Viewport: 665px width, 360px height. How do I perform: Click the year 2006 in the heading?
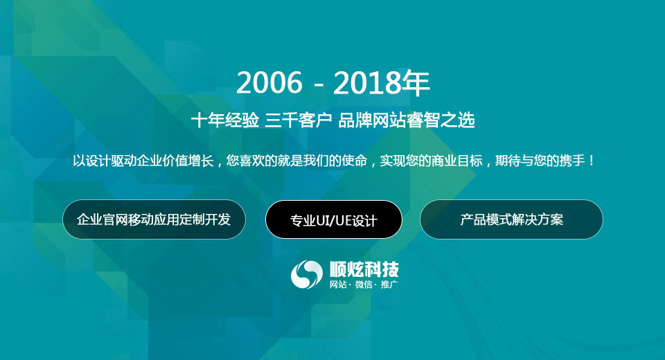[x=269, y=82]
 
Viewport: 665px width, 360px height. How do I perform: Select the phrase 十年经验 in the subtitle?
[x=224, y=120]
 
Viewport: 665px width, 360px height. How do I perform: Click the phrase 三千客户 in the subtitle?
[x=298, y=120]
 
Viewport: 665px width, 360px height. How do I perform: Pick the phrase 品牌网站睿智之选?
[x=407, y=120]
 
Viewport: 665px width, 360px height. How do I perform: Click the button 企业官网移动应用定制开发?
[x=154, y=219]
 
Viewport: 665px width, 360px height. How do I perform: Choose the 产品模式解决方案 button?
[x=511, y=219]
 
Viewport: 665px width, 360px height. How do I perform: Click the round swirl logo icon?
[x=306, y=274]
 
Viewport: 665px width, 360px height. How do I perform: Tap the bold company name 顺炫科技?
[x=364, y=269]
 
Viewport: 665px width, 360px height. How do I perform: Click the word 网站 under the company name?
[x=338, y=285]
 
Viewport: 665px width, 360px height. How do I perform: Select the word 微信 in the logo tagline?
[x=364, y=285]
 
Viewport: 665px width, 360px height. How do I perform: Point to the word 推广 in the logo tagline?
[x=389, y=285]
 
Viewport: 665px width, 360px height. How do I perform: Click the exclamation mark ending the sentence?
[x=592, y=161]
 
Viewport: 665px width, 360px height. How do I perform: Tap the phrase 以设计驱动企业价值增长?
[x=143, y=161]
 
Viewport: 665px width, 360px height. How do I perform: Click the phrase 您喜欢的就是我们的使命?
[x=296, y=161]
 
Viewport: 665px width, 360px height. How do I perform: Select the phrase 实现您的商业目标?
[x=432, y=161]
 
